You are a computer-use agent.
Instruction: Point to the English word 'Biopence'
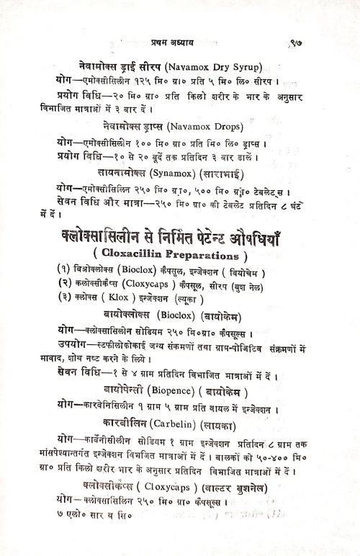173,392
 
